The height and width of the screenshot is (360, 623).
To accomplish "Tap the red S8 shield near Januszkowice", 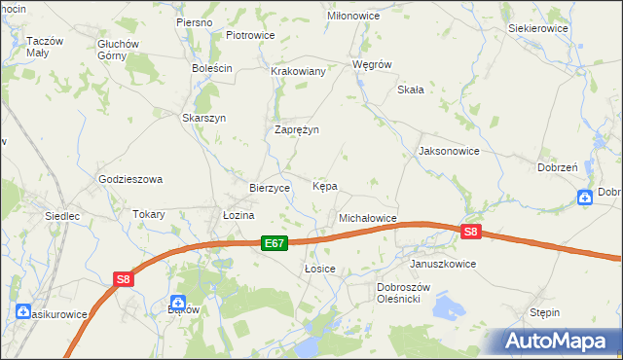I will point(471,232).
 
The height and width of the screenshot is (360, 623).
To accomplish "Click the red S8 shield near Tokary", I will point(123,279).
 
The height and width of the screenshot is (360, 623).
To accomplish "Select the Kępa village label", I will point(325,185).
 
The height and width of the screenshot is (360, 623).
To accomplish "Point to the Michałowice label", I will point(367,218).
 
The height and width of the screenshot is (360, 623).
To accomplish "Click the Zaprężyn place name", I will point(297,129).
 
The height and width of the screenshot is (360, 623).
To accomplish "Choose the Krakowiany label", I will point(298,71).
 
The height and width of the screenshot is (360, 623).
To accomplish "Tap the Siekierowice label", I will point(538,29).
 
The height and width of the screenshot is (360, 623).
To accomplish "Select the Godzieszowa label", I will point(129,179).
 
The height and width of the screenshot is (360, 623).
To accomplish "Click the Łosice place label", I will point(320,268).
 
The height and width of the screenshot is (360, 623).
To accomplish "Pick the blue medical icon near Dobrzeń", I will point(584,198).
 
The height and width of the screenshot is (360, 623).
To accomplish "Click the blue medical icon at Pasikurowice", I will point(23,311).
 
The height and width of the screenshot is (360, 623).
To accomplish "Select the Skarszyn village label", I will point(204,118).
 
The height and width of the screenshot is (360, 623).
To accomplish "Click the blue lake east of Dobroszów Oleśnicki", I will point(450,309).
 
